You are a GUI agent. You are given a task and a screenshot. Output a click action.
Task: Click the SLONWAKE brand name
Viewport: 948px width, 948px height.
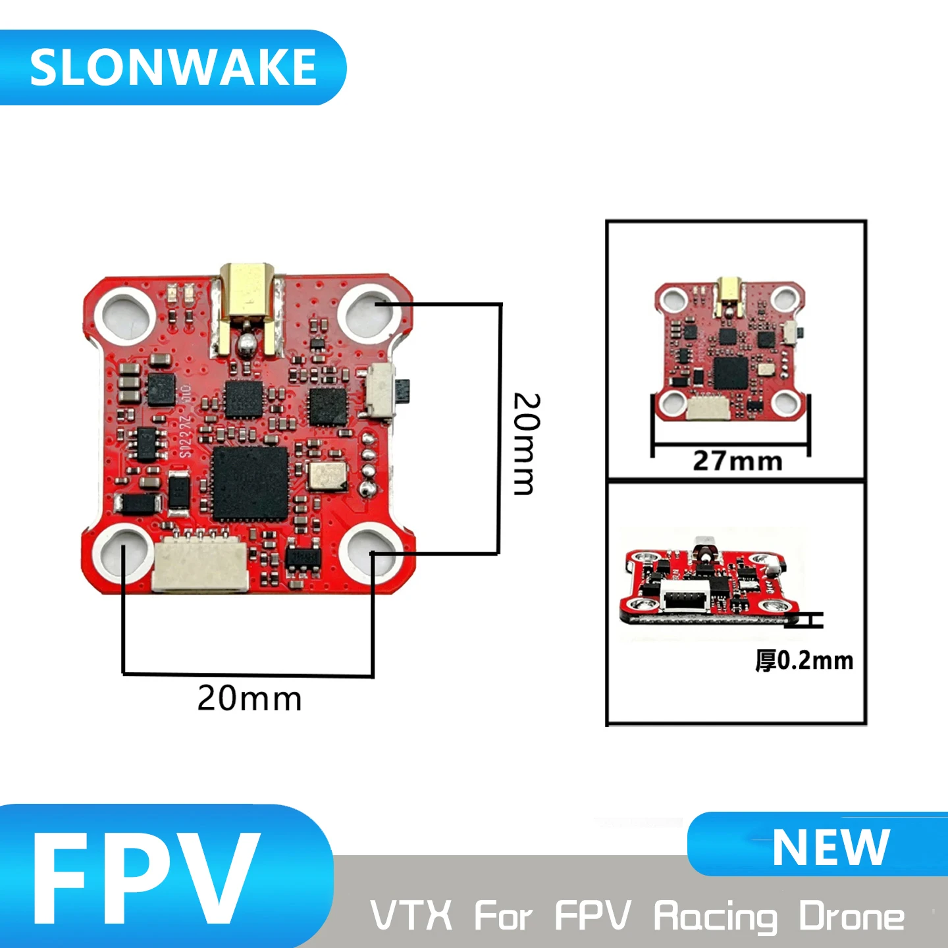[x=173, y=67]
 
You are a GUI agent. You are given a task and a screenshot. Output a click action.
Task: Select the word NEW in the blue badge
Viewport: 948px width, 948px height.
[x=831, y=847]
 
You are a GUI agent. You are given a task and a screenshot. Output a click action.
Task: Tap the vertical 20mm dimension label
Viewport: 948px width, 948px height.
[x=527, y=444]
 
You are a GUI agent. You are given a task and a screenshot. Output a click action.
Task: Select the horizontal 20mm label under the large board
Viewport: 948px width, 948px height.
[x=250, y=699]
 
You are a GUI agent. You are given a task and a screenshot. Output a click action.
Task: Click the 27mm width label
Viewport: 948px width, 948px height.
[x=737, y=461]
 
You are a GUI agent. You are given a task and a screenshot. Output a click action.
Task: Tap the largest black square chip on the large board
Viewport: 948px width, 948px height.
[x=250, y=485]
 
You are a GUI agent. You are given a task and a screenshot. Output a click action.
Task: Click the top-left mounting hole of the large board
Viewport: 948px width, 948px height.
[x=125, y=313]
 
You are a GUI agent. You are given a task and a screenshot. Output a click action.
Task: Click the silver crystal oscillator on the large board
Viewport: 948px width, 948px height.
[x=327, y=476]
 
